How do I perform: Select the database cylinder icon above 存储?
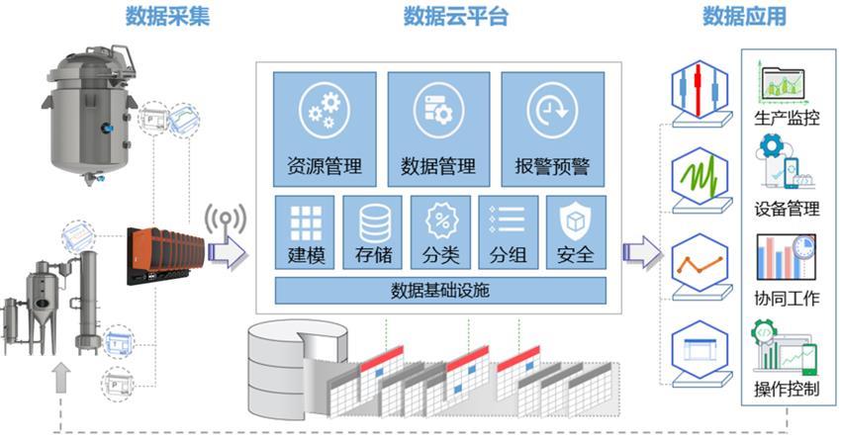[x=374, y=220]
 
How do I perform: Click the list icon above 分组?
[x=508, y=220]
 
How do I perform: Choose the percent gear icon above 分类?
[x=440, y=220]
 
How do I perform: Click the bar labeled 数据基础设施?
[x=441, y=291]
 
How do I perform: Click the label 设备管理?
[x=787, y=209]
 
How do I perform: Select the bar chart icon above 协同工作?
[x=786, y=257]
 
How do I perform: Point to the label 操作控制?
[x=787, y=388]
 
